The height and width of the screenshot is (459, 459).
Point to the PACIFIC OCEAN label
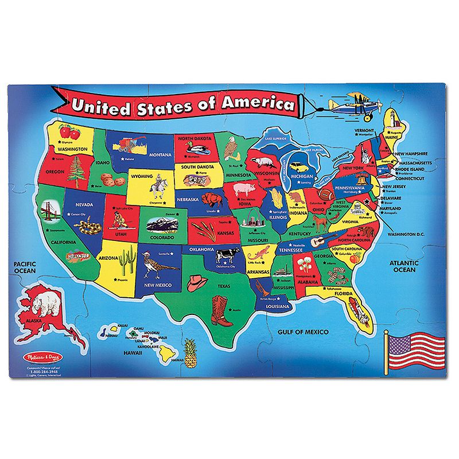[25, 267]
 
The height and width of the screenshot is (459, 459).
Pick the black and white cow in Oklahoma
[227, 254]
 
